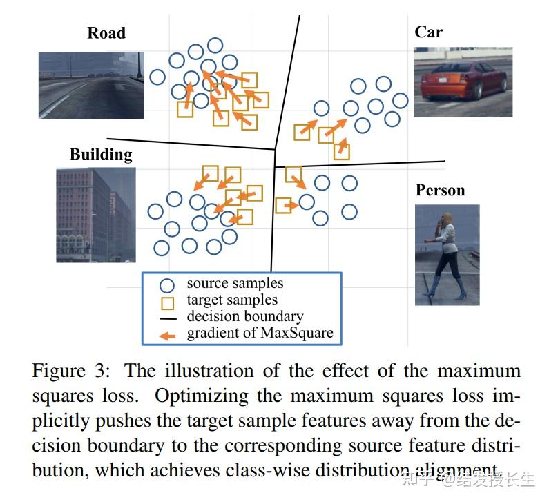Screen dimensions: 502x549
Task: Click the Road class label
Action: [x=106, y=32]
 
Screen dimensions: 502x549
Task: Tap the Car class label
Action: [x=428, y=32]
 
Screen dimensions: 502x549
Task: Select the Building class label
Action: [x=101, y=153]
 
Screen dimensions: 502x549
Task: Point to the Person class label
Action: [x=440, y=190]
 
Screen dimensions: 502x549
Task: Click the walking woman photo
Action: [x=447, y=254]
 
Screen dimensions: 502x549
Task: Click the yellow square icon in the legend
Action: [x=166, y=302]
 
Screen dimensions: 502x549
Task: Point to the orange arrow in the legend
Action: [x=167, y=334]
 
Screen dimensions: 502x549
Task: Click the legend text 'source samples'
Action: [x=235, y=283]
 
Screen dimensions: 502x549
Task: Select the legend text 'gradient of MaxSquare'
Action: [x=260, y=333]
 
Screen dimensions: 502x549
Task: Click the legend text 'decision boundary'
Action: [x=244, y=316]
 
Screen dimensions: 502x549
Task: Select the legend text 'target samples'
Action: [x=232, y=300]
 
